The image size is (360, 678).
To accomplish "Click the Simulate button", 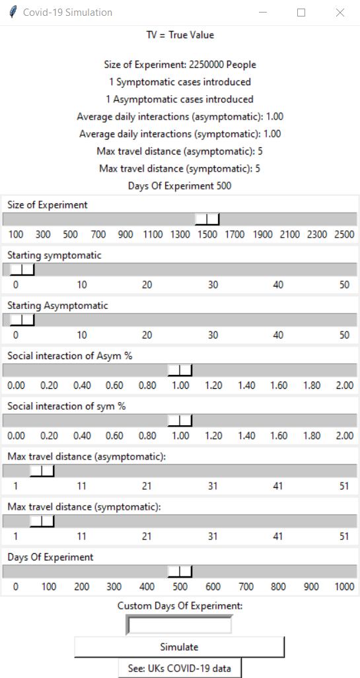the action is (x=179, y=647).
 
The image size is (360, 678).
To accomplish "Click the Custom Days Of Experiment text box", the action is (x=179, y=625).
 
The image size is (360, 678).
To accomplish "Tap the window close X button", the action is (x=340, y=13).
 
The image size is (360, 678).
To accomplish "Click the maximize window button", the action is (x=301, y=13).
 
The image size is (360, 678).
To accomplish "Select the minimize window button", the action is (x=263, y=13).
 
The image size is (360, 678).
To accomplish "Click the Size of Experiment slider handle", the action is (x=207, y=219).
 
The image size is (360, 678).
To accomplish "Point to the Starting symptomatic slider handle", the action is (x=22, y=270).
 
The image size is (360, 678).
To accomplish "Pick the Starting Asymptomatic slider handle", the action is (x=22, y=320).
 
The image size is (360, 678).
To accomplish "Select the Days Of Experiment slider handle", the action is (x=180, y=572).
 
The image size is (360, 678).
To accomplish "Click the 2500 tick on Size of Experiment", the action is (x=344, y=234).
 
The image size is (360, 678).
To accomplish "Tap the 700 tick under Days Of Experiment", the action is (x=246, y=587).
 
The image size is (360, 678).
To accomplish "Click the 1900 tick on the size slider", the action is (x=263, y=234).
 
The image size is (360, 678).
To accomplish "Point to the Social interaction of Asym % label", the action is (x=69, y=356).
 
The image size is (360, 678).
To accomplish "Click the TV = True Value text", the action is (x=180, y=35).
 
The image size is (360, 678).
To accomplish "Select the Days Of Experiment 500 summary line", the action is (x=180, y=186).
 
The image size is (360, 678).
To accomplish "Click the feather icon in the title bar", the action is (x=13, y=12).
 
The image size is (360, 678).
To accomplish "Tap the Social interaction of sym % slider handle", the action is (x=180, y=421).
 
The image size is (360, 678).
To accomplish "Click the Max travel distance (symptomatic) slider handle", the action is (x=42, y=522).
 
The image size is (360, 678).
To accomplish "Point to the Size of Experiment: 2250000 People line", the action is (x=180, y=65).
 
